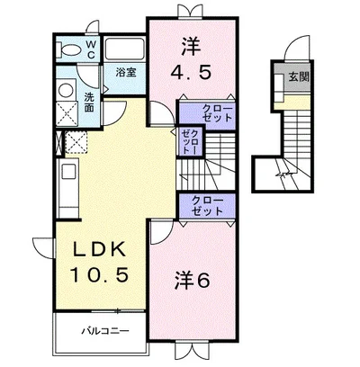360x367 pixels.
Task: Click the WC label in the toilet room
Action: [91, 49]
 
